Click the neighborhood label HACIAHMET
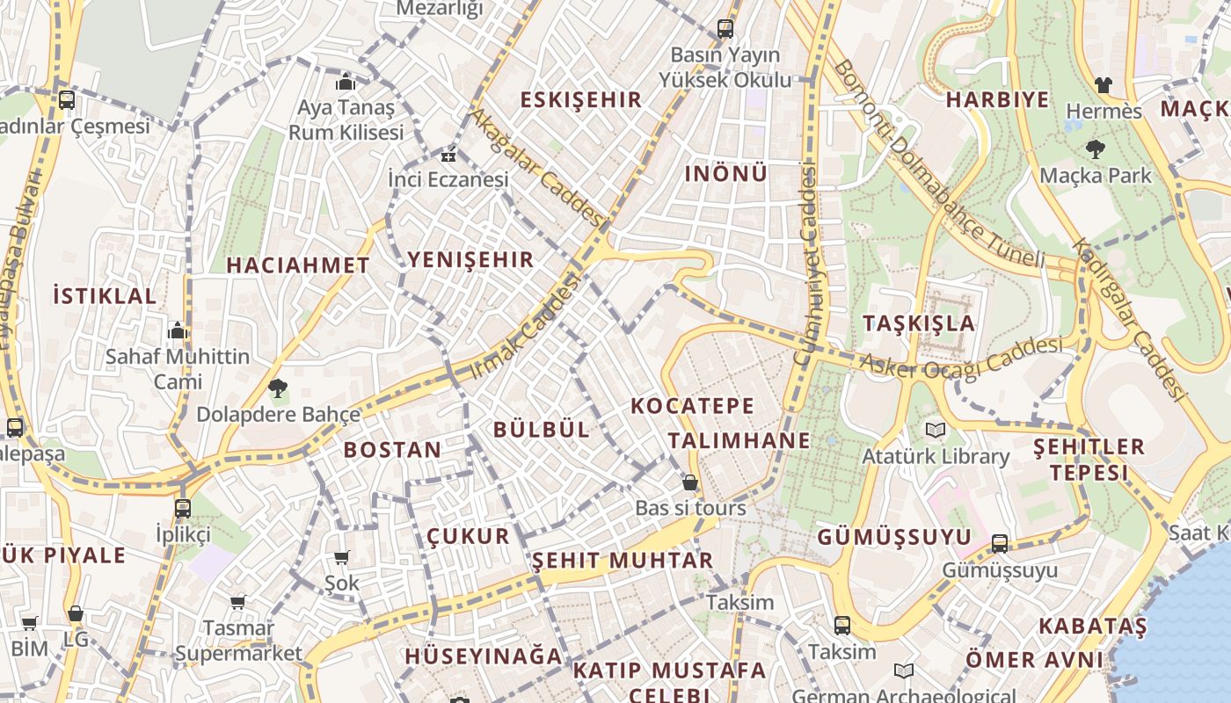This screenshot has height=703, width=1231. pos(298,265)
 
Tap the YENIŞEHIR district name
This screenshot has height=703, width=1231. pos(470,259)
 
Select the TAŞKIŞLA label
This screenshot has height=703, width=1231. pos(919,323)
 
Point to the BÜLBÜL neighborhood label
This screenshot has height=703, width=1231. pos(542,430)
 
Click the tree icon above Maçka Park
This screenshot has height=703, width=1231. pos(1095,149)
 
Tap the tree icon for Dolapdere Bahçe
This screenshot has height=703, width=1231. pos(278,388)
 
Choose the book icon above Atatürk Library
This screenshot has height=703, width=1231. pos(934,430)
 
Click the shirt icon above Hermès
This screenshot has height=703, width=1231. pos(1104,85)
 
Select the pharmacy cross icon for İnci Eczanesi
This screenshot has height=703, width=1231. pos(448,156)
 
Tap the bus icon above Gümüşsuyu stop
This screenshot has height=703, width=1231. pos(1000,544)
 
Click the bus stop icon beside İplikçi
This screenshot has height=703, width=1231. pos(183,508)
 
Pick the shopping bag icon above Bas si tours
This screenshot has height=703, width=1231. pos(690,482)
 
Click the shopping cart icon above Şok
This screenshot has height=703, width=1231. pos(342,557)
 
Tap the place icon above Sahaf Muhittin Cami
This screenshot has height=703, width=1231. pos(178,331)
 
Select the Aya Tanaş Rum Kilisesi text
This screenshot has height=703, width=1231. pos(346,120)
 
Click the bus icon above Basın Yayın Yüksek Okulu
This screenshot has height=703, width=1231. pos(725,29)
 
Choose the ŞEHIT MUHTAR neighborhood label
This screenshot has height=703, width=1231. pos(623,561)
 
